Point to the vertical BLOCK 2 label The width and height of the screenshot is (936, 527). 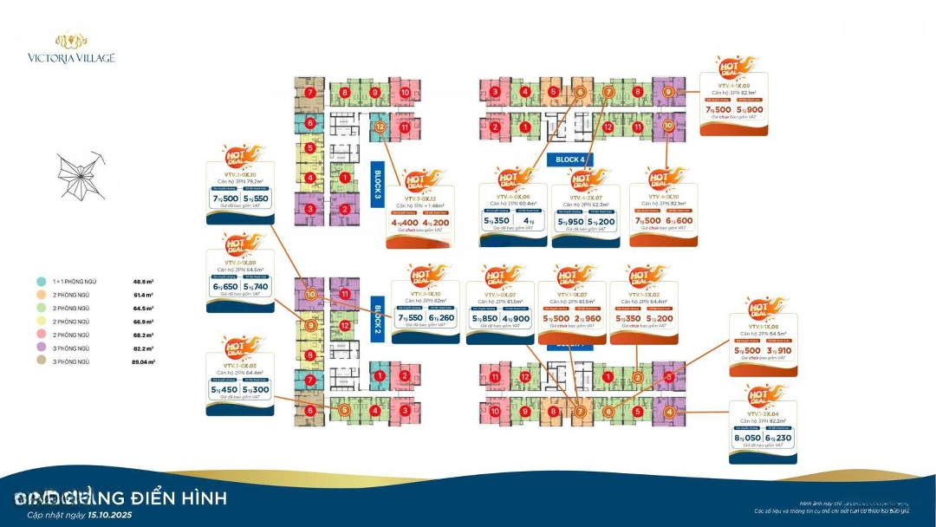click(x=378, y=317)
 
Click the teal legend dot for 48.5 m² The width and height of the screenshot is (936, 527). click(x=42, y=282)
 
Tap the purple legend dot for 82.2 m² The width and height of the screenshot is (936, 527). click(x=42, y=348)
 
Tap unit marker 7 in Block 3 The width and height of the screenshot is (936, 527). click(x=309, y=93)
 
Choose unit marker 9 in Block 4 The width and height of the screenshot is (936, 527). click(x=668, y=92)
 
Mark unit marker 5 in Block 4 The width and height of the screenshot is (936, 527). click(x=551, y=92)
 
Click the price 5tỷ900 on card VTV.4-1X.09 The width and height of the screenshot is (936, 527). click(x=750, y=110)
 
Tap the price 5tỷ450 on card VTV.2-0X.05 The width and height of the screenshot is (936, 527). click(x=225, y=390)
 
